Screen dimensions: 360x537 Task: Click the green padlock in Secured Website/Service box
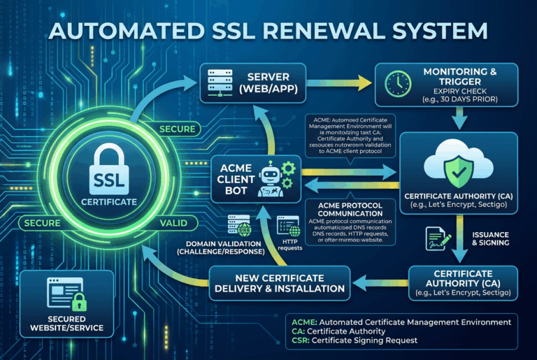coord(80,302)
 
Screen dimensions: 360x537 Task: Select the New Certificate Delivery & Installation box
coord(278,282)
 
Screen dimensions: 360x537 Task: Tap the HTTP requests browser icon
coord(288,225)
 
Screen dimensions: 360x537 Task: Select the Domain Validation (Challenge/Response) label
coord(219,246)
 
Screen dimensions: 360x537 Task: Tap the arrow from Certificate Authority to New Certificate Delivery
coord(377,282)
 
